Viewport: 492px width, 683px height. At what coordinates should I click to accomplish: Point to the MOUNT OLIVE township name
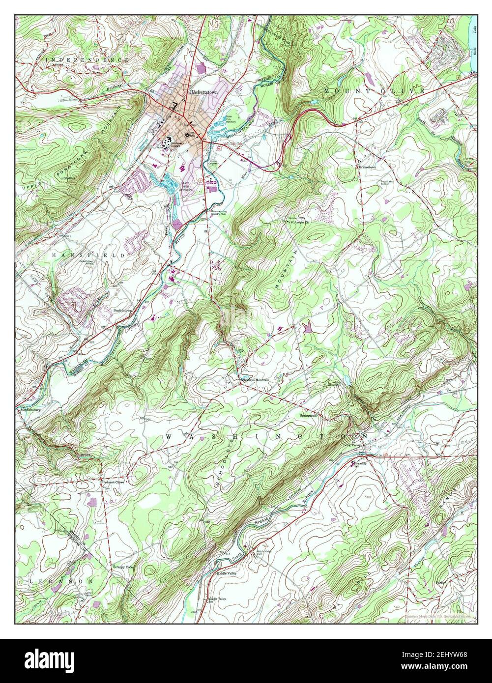[x=374, y=92]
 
